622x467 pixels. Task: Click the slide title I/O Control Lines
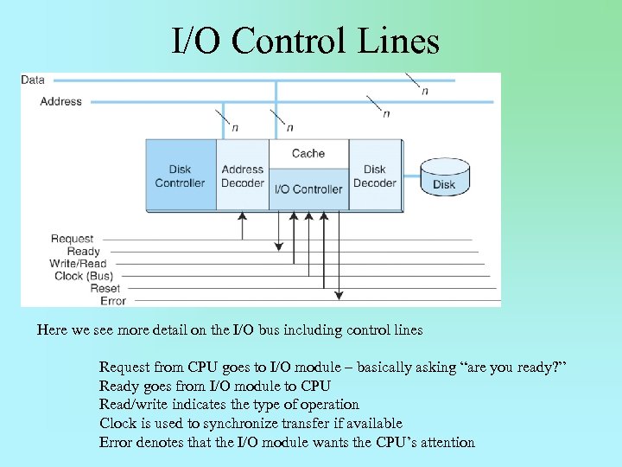coord(305,41)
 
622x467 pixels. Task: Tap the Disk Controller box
coord(180,176)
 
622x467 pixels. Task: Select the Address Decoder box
coord(243,176)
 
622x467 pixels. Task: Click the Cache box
coord(308,153)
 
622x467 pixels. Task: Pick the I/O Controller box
coord(308,189)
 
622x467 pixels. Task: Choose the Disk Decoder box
coord(375,176)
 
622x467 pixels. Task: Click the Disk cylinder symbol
coord(444,177)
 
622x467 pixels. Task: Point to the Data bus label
coord(33,80)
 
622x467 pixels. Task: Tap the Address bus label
coord(60,101)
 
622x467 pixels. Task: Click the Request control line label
coord(73,239)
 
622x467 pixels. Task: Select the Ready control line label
coord(84,252)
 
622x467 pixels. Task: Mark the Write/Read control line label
coord(78,264)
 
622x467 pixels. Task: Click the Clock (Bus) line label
coord(83,276)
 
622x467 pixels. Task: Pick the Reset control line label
coord(105,289)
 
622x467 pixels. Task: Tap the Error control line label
coord(113,301)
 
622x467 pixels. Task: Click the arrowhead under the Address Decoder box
coord(243,215)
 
